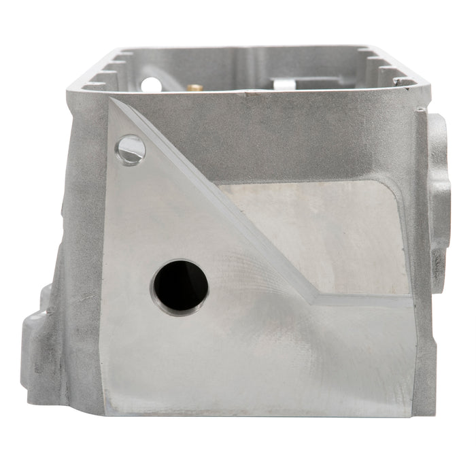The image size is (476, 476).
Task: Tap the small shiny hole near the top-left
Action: [x=131, y=149]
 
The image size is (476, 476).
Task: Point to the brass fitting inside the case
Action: [x=194, y=86]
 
